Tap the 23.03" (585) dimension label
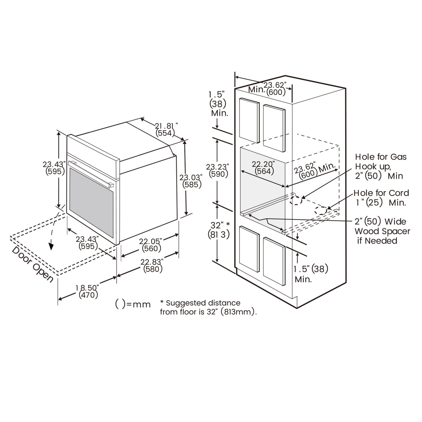(191, 181)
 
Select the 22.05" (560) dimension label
(151, 245)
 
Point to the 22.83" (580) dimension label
(152, 266)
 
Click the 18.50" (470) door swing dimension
(88, 291)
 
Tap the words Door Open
(32, 264)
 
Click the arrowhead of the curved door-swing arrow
(51, 246)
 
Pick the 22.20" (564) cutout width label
(264, 167)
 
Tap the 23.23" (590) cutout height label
(217, 170)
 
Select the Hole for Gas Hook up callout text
(381, 166)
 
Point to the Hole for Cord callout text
(381, 197)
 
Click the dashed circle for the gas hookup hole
(296, 200)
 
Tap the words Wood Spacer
(382, 231)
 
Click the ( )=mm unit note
(133, 304)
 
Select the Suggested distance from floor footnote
(208, 307)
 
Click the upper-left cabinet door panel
(249, 120)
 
